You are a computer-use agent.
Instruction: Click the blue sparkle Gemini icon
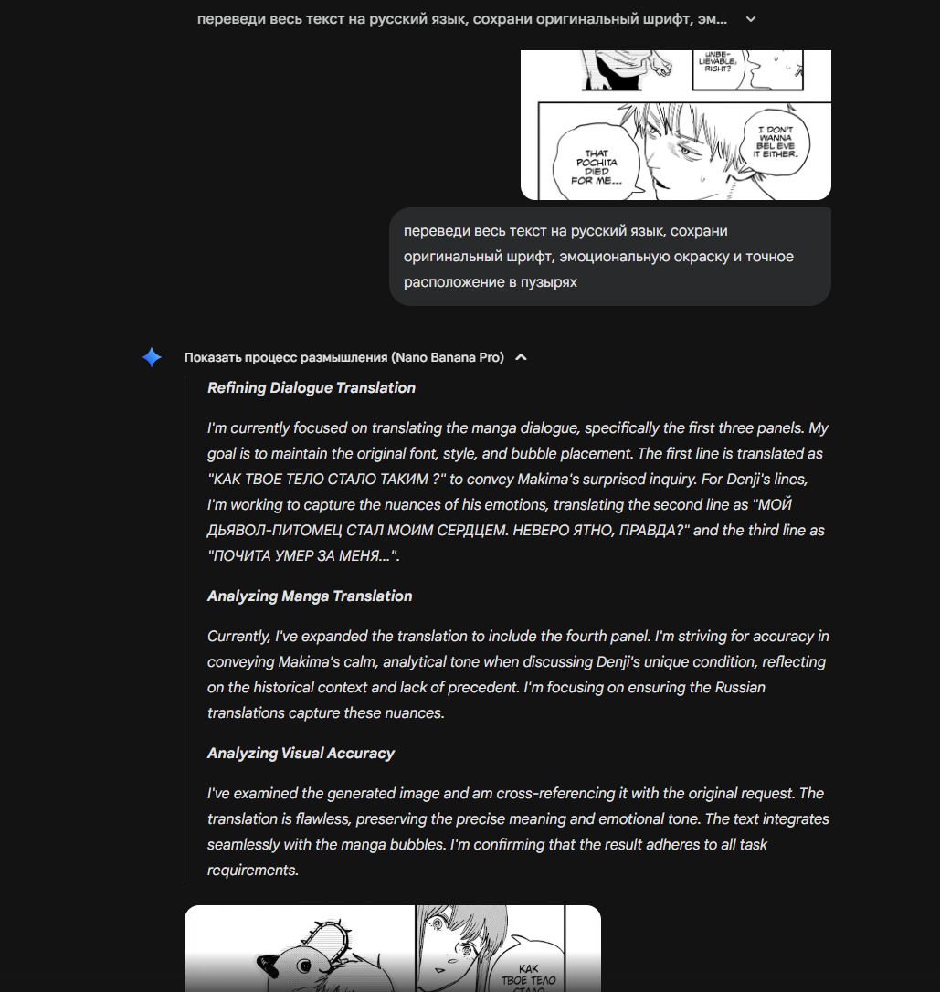pos(152,357)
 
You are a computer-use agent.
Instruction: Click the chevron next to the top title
pos(751,19)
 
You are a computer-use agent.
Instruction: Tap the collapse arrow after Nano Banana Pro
pos(521,357)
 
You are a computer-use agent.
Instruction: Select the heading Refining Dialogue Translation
pos(312,388)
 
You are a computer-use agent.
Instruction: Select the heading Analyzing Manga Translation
pos(310,596)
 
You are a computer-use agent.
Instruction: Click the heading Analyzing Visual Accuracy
pos(301,754)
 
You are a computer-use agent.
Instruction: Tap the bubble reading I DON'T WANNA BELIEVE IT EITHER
pos(775,142)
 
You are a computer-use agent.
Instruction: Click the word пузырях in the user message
pos(543,282)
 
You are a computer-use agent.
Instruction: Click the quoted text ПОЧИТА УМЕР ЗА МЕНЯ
pos(302,556)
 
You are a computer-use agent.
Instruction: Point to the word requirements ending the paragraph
pos(252,871)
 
